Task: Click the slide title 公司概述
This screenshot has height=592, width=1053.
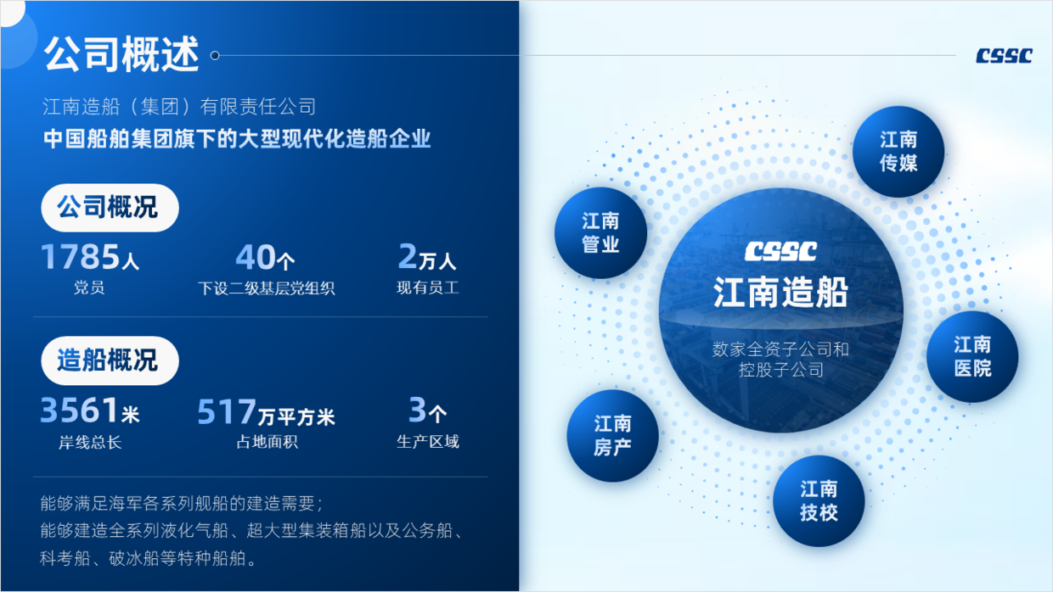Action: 121,54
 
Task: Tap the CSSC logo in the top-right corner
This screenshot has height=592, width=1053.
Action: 1004,55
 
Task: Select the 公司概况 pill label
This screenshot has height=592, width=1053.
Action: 110,208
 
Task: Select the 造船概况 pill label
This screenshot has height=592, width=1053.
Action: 110,360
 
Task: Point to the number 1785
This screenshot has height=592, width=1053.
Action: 81,256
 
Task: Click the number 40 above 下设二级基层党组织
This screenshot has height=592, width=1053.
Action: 256,257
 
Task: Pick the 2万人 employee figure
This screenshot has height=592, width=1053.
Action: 427,257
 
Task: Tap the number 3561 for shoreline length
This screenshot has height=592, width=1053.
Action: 79,410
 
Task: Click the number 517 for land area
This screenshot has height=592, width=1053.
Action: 227,411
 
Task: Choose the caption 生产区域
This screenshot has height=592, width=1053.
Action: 427,441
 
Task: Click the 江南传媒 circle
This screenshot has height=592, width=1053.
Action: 898,152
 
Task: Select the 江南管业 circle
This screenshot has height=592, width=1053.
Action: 600,233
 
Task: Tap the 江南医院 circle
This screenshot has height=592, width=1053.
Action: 972,356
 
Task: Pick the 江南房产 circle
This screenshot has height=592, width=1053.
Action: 612,435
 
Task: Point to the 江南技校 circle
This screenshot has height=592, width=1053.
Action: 819,501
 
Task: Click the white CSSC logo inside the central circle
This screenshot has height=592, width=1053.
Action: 780,252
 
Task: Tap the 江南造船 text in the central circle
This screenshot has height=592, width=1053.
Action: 780,292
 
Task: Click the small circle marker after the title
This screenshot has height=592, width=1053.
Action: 215,55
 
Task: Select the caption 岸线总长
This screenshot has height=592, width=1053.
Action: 90,442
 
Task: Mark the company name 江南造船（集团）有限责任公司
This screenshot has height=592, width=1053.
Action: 179,107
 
